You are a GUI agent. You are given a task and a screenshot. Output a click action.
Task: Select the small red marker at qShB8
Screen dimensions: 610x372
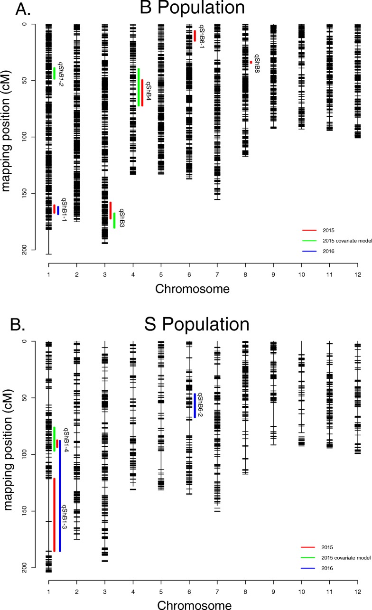click(x=251, y=62)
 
